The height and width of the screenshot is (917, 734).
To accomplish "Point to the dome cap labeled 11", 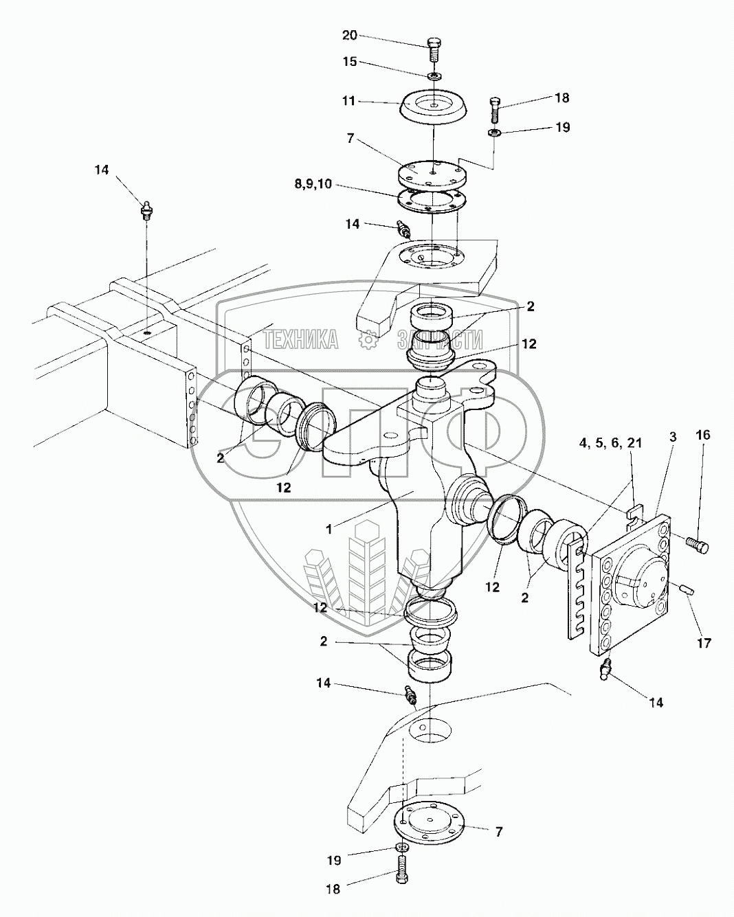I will [433, 109].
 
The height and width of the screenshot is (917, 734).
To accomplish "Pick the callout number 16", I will [702, 435].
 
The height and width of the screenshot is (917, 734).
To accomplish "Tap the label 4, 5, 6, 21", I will [610, 443].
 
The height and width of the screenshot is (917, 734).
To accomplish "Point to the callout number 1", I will [329, 529].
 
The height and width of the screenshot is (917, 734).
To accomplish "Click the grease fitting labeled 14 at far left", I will [146, 209].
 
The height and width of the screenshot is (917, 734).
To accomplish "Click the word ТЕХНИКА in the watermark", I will [301, 339].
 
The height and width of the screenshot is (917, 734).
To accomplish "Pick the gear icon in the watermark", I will [368, 339].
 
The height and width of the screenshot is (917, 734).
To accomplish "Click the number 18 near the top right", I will [561, 98].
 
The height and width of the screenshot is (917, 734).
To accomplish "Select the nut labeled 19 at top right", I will [493, 131].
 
